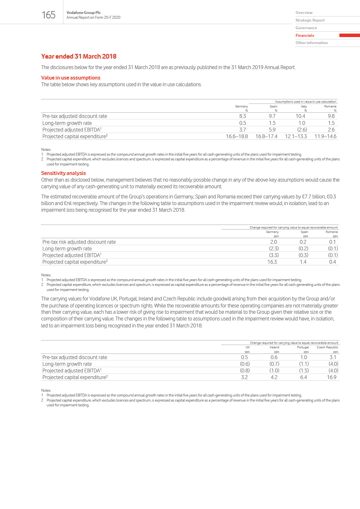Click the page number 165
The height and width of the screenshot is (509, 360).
pos(48,15)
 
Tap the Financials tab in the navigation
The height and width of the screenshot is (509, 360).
pos(305,35)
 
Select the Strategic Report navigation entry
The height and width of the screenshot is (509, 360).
pos(310,20)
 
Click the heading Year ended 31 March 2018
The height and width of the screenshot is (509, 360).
pos(79,56)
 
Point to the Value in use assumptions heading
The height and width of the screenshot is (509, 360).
pos(71,78)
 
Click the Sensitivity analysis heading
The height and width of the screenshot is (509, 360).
pos(63,173)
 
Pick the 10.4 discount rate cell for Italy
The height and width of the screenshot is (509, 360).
pos(300,116)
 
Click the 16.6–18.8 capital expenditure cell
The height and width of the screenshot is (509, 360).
pos(237,136)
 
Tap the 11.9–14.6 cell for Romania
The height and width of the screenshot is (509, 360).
pos(325,136)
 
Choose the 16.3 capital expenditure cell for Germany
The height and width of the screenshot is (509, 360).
pos(272,262)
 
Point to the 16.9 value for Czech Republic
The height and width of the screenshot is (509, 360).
pos(331,377)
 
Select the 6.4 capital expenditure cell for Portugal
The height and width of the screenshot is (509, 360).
pos(303,377)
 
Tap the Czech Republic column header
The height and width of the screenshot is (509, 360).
pos(327,347)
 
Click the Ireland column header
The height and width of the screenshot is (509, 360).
pos(274,347)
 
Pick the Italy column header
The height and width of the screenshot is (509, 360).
pos(304,106)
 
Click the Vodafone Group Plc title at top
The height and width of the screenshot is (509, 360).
pos(84,13)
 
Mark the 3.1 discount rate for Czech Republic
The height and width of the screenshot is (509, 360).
pos(333,357)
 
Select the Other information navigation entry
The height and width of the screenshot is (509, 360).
pos(312,43)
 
